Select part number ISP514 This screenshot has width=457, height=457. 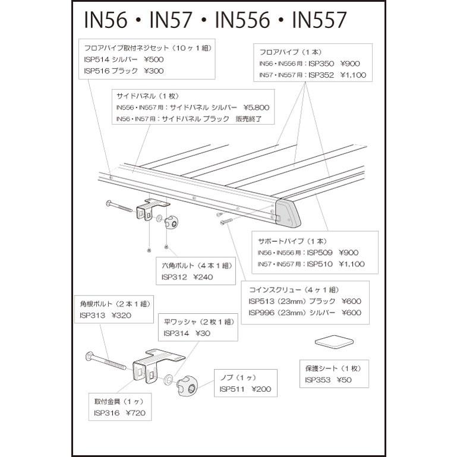pos(97,59)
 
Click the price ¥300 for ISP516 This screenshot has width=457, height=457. pos(153,71)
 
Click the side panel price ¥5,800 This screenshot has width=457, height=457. pos(256,108)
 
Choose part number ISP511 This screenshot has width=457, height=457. pos(232,389)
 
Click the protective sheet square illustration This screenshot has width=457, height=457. pos(333,342)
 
